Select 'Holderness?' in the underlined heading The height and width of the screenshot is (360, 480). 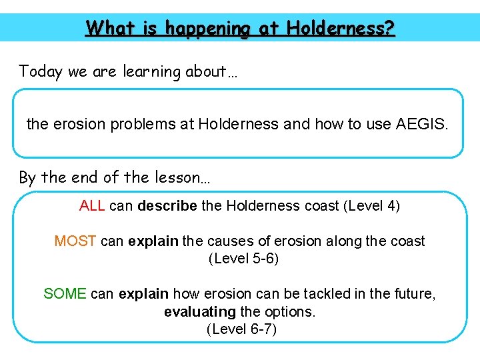[341, 28]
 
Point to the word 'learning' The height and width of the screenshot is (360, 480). [150, 71]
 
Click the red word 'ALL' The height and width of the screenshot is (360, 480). [92, 206]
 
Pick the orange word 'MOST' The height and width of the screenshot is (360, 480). [75, 241]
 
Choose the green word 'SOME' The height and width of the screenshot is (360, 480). [65, 294]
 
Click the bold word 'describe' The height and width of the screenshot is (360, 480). [167, 206]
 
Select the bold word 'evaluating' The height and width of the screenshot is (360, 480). [200, 312]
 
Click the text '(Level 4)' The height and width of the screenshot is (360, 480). [371, 206]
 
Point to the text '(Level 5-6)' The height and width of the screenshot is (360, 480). [243, 259]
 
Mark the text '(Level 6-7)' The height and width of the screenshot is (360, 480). [241, 329]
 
